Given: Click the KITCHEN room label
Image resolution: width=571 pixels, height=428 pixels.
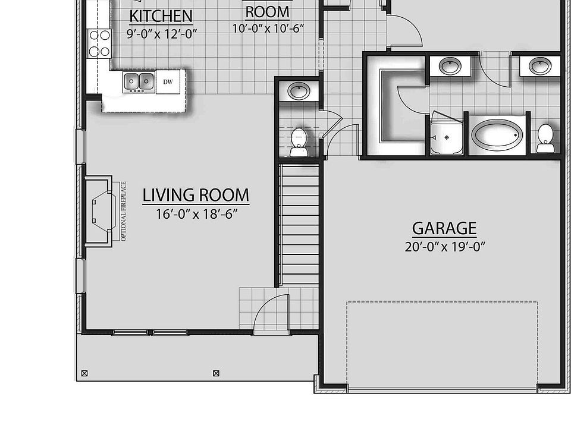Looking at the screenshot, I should tap(161, 16).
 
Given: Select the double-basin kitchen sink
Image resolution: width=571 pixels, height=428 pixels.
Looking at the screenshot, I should tap(139, 81).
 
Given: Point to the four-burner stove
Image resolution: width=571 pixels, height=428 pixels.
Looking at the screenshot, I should tap(99, 43).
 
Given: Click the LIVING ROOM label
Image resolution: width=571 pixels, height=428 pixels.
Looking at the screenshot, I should tap(196, 195).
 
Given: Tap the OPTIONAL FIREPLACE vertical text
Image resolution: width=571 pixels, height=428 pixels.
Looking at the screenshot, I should tap(124, 211).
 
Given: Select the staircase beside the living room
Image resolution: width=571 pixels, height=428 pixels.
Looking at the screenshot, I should tap(300, 224).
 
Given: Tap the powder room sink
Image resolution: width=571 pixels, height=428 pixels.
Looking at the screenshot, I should tap(299, 91).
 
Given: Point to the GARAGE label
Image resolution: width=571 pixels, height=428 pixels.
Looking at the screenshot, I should tap(444, 228).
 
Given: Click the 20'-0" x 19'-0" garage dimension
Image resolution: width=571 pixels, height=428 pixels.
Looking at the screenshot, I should tap(445, 247).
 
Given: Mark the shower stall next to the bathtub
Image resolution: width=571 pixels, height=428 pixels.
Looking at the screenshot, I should tap(446, 134).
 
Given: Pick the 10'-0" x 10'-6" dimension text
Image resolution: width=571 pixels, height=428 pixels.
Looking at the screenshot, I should tap(268, 28).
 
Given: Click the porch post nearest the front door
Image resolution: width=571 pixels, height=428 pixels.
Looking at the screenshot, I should tap(216, 373).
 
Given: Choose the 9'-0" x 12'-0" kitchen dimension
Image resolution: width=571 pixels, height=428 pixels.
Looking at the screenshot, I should tap(161, 34).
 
